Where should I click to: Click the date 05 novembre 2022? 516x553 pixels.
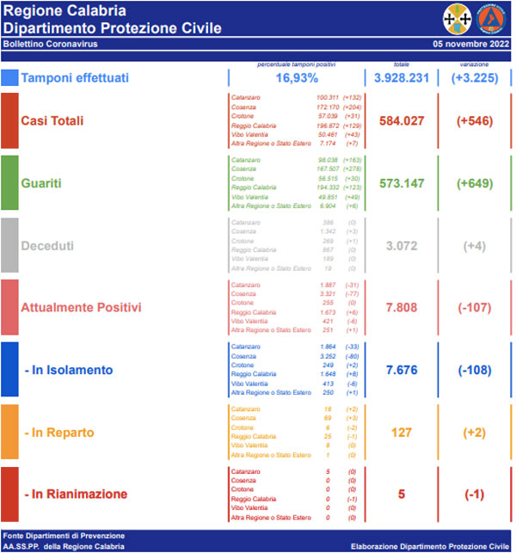coord(471,42)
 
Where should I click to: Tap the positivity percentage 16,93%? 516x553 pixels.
coord(296,78)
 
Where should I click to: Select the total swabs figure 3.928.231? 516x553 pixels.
coord(402,78)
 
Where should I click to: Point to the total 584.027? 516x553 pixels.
coord(402,120)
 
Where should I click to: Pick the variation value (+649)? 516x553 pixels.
coord(474,183)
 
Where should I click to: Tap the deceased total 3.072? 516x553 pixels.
coord(402,245)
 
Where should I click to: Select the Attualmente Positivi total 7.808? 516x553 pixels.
coord(402,307)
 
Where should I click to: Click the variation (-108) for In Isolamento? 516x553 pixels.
coord(474,370)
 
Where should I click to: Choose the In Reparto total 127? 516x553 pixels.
coord(402,432)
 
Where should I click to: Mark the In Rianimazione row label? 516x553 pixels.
coord(76,495)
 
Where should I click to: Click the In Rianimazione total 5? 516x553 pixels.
coord(402,495)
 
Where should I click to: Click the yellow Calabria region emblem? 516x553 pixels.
coord(456,17)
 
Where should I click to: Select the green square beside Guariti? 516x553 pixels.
coord(9,182)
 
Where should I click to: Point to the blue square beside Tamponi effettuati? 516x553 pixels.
coord(9,78)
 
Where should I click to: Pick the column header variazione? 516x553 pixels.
coord(474,64)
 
